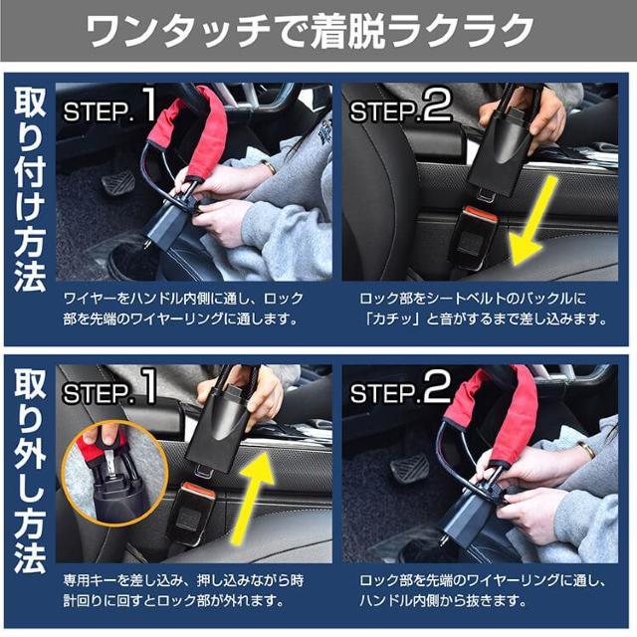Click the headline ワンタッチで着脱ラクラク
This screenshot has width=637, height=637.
point(318,32)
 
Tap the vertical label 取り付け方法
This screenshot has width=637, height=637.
point(30,189)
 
